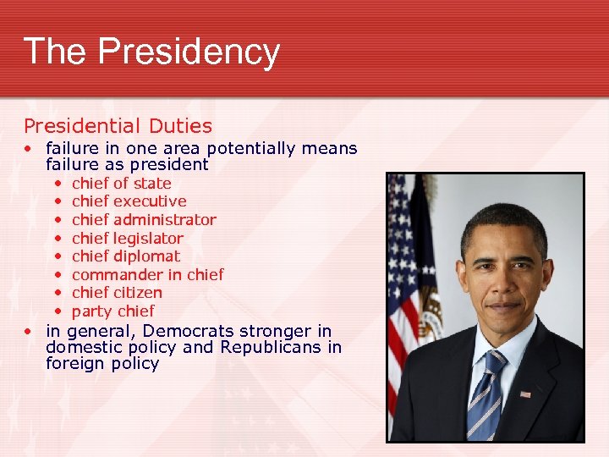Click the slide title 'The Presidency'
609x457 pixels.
151,51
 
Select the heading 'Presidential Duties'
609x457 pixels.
118,126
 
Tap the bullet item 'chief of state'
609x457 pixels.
121,183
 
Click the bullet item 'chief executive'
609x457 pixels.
129,201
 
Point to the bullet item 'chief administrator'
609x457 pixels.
144,220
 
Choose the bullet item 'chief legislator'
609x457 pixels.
127,239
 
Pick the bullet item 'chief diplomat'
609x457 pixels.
126,256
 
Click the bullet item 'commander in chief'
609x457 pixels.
147,275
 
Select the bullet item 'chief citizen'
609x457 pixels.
117,293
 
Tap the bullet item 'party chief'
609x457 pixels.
112,311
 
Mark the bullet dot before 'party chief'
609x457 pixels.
57,311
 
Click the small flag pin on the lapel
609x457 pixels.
525,394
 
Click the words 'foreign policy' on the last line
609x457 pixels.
102,364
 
